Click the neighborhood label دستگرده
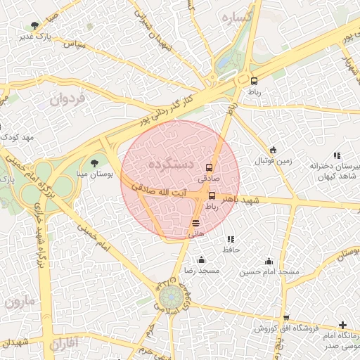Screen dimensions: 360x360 171,164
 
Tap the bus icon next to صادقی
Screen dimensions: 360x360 209,167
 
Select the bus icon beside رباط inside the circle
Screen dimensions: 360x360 212,195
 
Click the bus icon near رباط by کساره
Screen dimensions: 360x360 253,80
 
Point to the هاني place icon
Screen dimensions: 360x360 195,223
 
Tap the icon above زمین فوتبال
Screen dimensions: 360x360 273,150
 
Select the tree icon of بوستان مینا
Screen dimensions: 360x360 94,163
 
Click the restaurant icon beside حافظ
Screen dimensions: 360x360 231,240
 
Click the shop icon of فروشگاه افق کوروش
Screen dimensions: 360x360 285,319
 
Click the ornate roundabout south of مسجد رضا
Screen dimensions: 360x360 169,298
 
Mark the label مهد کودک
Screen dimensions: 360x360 18,136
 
